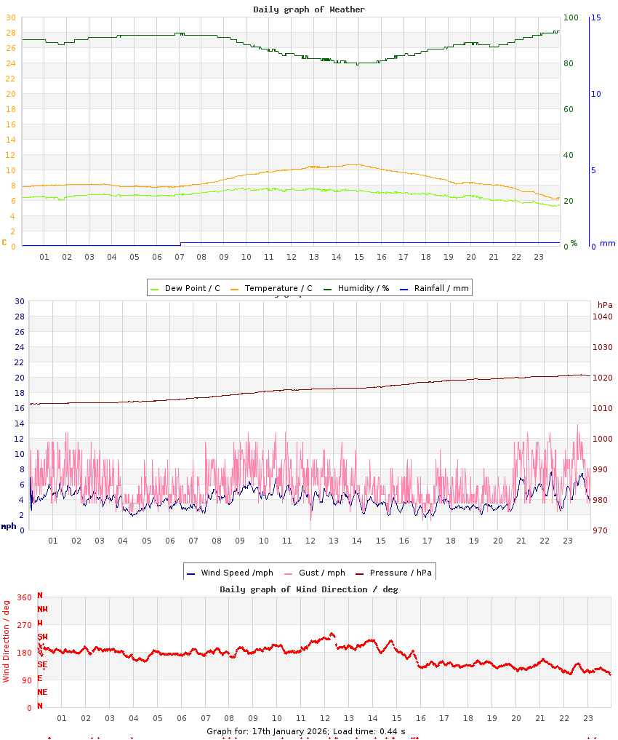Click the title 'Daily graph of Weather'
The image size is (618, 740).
(309, 9)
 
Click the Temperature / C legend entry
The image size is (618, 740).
(278, 288)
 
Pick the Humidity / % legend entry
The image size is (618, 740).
(363, 288)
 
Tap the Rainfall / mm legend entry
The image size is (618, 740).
(441, 288)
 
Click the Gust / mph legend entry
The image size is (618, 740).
(321, 573)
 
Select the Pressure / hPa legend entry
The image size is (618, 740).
(400, 573)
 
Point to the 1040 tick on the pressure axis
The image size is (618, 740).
(603, 317)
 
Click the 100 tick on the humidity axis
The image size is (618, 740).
(571, 17)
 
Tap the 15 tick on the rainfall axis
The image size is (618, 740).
(596, 17)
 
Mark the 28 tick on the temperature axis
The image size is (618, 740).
(10, 33)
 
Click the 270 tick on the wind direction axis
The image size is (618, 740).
(25, 625)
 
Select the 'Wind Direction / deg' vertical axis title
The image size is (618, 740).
(7, 641)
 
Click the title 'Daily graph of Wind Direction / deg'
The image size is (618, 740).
(309, 589)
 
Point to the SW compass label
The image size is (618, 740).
(42, 637)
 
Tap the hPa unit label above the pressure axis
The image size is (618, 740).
(605, 304)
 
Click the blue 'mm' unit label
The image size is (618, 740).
(607, 243)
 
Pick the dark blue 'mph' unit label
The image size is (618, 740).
(9, 526)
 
